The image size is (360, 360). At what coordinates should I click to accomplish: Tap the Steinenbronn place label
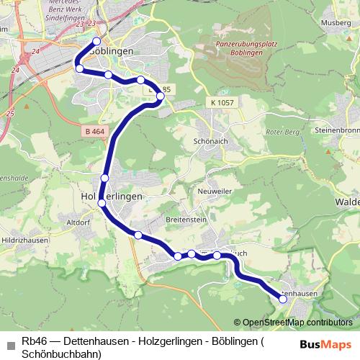click(336, 130)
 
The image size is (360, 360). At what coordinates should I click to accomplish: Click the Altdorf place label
click(78, 223)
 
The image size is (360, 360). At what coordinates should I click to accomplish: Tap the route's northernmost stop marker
click(96, 41)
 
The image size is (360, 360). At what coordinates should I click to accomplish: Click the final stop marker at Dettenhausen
click(283, 300)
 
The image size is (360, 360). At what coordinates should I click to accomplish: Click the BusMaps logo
click(326, 344)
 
